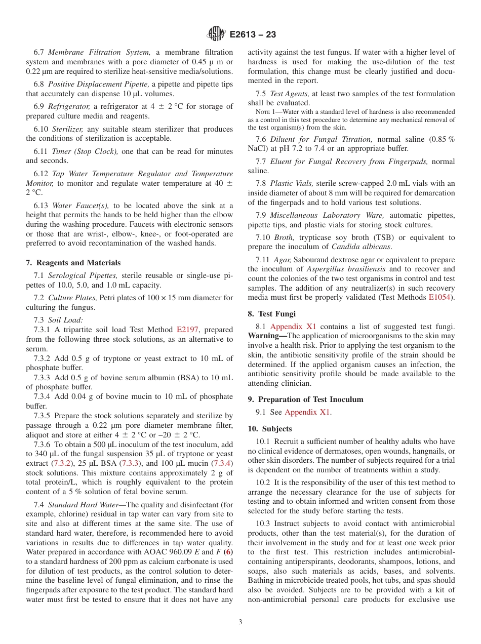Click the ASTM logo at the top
point(216,34)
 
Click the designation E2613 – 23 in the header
point(253,35)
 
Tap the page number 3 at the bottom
point(240,622)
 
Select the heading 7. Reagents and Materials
point(73,263)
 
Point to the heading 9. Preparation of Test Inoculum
point(306,399)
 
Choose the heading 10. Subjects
point(270,429)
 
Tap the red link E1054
point(442,297)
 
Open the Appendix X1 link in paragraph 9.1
point(308,412)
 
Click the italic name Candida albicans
point(362,247)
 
